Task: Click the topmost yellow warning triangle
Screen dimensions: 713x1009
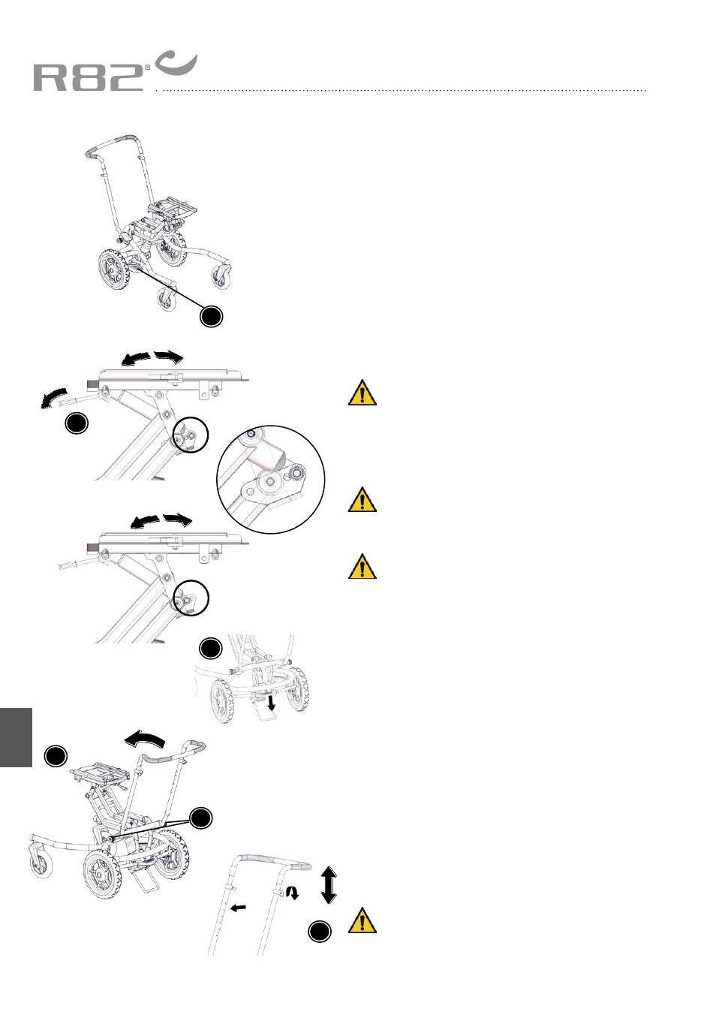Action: (363, 393)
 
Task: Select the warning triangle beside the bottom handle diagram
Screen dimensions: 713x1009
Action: (363, 920)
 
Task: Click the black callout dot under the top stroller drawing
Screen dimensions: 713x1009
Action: (211, 316)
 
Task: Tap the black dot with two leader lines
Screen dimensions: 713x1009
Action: (200, 818)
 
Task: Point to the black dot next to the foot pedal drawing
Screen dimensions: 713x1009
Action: (211, 648)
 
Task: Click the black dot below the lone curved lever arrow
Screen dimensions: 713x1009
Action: (76, 423)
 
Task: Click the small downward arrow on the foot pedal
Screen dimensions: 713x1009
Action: (271, 702)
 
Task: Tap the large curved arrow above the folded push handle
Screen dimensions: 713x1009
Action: (144, 739)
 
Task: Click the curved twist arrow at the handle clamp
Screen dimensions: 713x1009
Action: (293, 892)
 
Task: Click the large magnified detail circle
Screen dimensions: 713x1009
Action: (271, 479)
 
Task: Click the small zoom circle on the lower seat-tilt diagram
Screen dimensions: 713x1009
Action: (191, 597)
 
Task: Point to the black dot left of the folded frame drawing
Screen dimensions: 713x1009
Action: (56, 756)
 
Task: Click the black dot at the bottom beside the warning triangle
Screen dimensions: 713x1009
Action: (320, 931)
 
